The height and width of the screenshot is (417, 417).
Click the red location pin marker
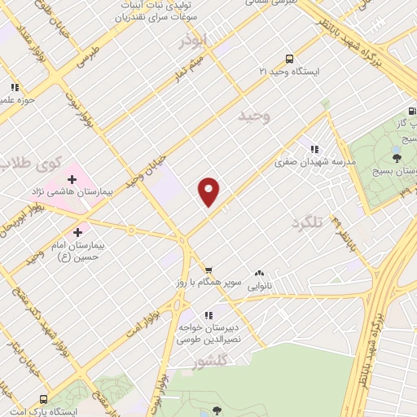click(209, 191)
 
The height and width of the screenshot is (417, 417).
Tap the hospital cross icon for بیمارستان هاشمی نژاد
click(72, 178)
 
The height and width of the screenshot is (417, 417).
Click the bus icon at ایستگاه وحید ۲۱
click(288, 59)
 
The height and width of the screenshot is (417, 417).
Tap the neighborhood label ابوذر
click(195, 40)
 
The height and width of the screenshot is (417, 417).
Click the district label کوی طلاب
click(33, 162)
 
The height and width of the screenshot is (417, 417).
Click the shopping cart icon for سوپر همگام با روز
click(208, 270)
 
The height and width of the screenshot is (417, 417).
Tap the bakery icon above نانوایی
click(260, 274)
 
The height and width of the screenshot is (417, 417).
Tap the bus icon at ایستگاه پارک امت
click(44, 399)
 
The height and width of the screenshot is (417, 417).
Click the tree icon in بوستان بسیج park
click(397, 156)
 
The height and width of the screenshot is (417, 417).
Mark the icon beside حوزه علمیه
click(14, 87)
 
